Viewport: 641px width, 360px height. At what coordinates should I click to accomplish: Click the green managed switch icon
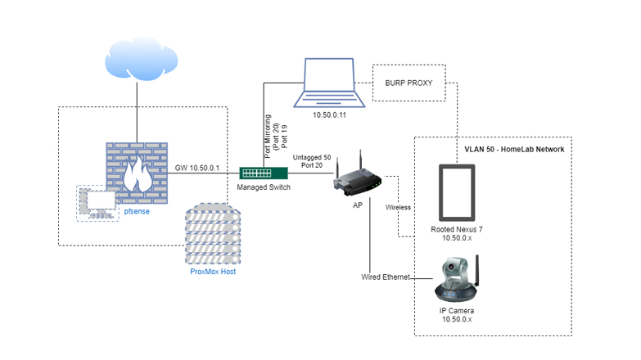(264, 173)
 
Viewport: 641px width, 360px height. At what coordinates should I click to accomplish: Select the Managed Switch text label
(264, 188)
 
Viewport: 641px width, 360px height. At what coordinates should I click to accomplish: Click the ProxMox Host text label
(211, 270)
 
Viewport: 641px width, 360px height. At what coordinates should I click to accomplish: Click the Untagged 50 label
(311, 157)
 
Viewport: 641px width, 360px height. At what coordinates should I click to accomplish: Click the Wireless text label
(399, 207)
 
